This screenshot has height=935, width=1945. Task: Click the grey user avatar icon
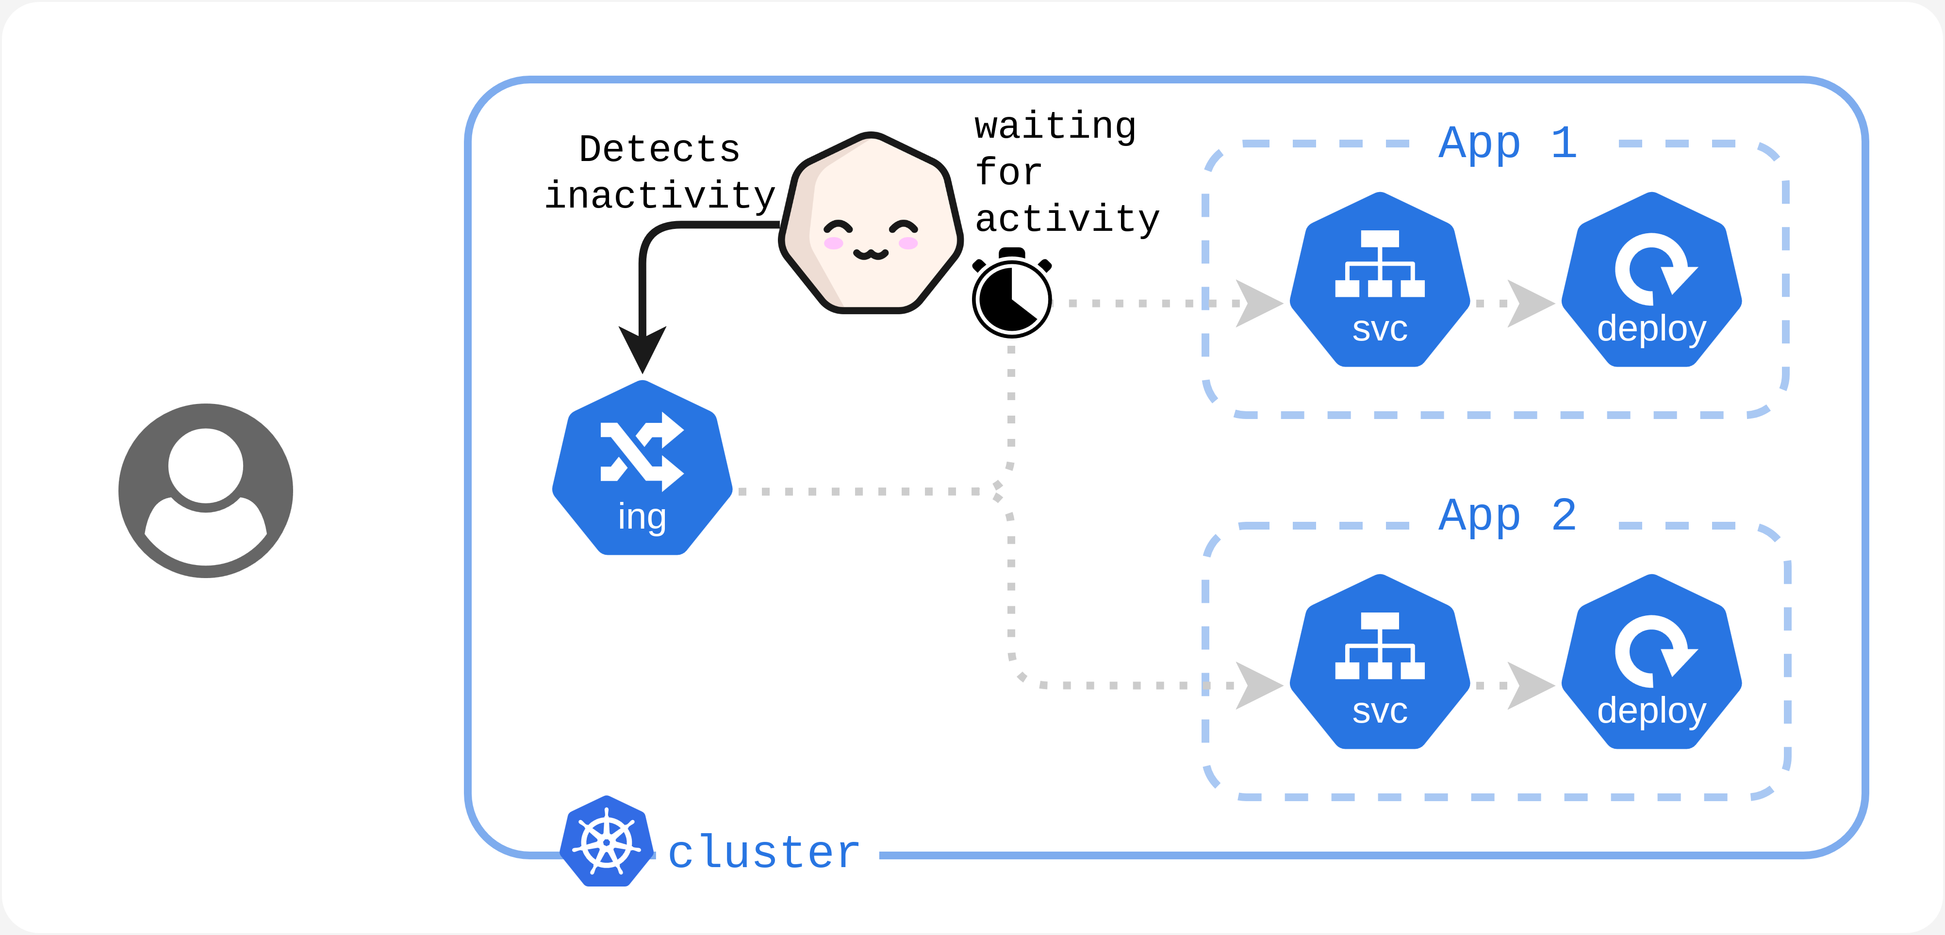coord(205,490)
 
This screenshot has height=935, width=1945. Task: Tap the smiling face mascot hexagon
coord(871,225)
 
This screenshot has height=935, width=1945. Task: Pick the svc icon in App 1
coord(1380,281)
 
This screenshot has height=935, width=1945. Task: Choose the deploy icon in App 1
coord(1651,281)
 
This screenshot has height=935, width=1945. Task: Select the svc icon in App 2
coord(1380,662)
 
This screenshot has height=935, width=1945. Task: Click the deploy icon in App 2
coord(1651,662)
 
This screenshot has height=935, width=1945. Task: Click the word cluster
coord(764,853)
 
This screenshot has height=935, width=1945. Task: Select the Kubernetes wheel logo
coord(606,841)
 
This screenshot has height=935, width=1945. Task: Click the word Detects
coord(659,149)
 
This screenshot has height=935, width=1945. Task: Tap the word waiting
coord(1055,126)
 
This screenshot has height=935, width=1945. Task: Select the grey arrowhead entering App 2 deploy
coord(1530,686)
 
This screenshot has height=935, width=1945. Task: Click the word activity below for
coord(1067,220)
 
